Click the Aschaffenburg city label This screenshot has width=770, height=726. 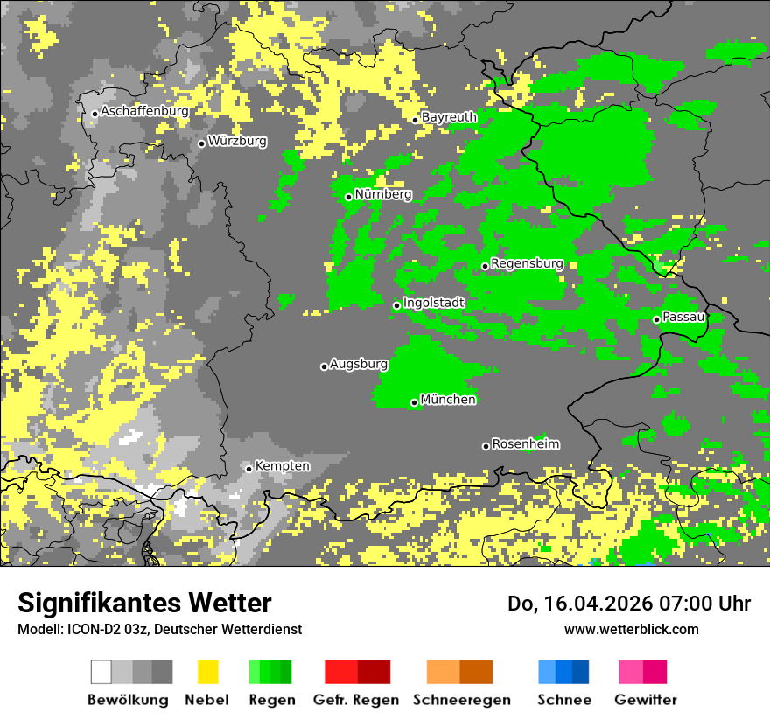tap(144, 111)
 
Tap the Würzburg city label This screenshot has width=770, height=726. tap(237, 141)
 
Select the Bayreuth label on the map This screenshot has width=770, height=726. tap(449, 117)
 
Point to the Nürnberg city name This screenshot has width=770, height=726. tap(382, 194)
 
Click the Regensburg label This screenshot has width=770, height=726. tap(527, 263)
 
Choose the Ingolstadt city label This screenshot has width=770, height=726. tap(433, 303)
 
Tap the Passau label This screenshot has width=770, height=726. tap(683, 317)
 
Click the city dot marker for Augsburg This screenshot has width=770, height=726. tap(324, 366)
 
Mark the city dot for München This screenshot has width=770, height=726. tap(414, 403)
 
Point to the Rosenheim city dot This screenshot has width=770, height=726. tap(486, 447)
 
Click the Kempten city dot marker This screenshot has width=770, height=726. tap(248, 469)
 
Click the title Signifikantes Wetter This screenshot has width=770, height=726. tap(144, 603)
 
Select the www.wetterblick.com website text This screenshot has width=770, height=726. tap(631, 629)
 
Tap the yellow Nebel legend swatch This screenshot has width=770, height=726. tap(207, 672)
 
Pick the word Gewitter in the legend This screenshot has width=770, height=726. tap(645, 700)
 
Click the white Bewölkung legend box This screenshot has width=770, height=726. tap(101, 672)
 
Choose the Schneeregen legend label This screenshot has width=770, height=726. tap(461, 700)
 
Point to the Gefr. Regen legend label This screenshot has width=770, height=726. tap(355, 700)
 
